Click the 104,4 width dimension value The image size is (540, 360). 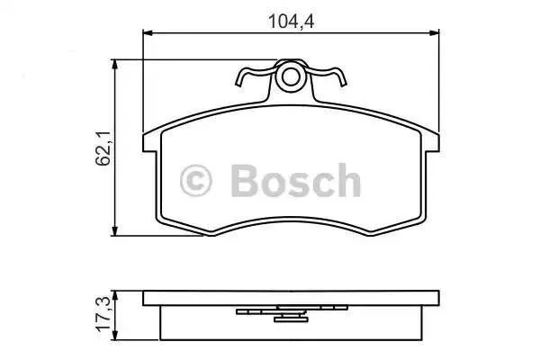coord(291,22)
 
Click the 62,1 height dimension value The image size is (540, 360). coord(103,148)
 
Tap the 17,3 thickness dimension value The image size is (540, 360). coord(103,314)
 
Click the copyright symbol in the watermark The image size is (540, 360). coord(195,181)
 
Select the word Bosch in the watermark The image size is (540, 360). coord(296,180)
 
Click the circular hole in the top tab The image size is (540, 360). coord(291,76)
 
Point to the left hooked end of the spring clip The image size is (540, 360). coord(238,81)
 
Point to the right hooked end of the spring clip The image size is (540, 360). coord(344,81)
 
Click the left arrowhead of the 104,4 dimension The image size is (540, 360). coord(148,32)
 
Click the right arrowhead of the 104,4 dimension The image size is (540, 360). coord(435,32)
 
